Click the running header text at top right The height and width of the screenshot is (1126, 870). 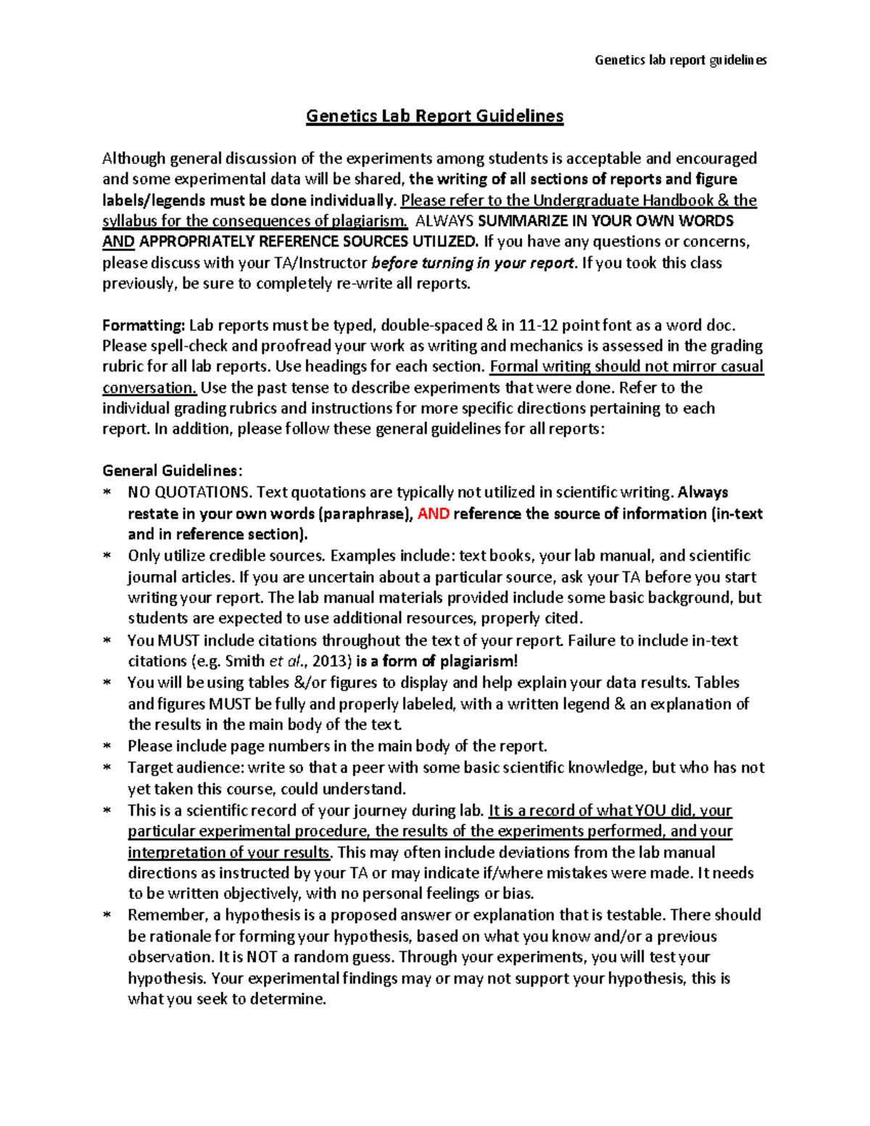click(680, 60)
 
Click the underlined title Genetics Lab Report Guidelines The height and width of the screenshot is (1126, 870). click(434, 116)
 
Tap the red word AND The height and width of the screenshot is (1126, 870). click(434, 514)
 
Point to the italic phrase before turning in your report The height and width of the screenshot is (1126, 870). click(473, 263)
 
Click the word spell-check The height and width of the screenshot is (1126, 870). click(184, 347)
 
